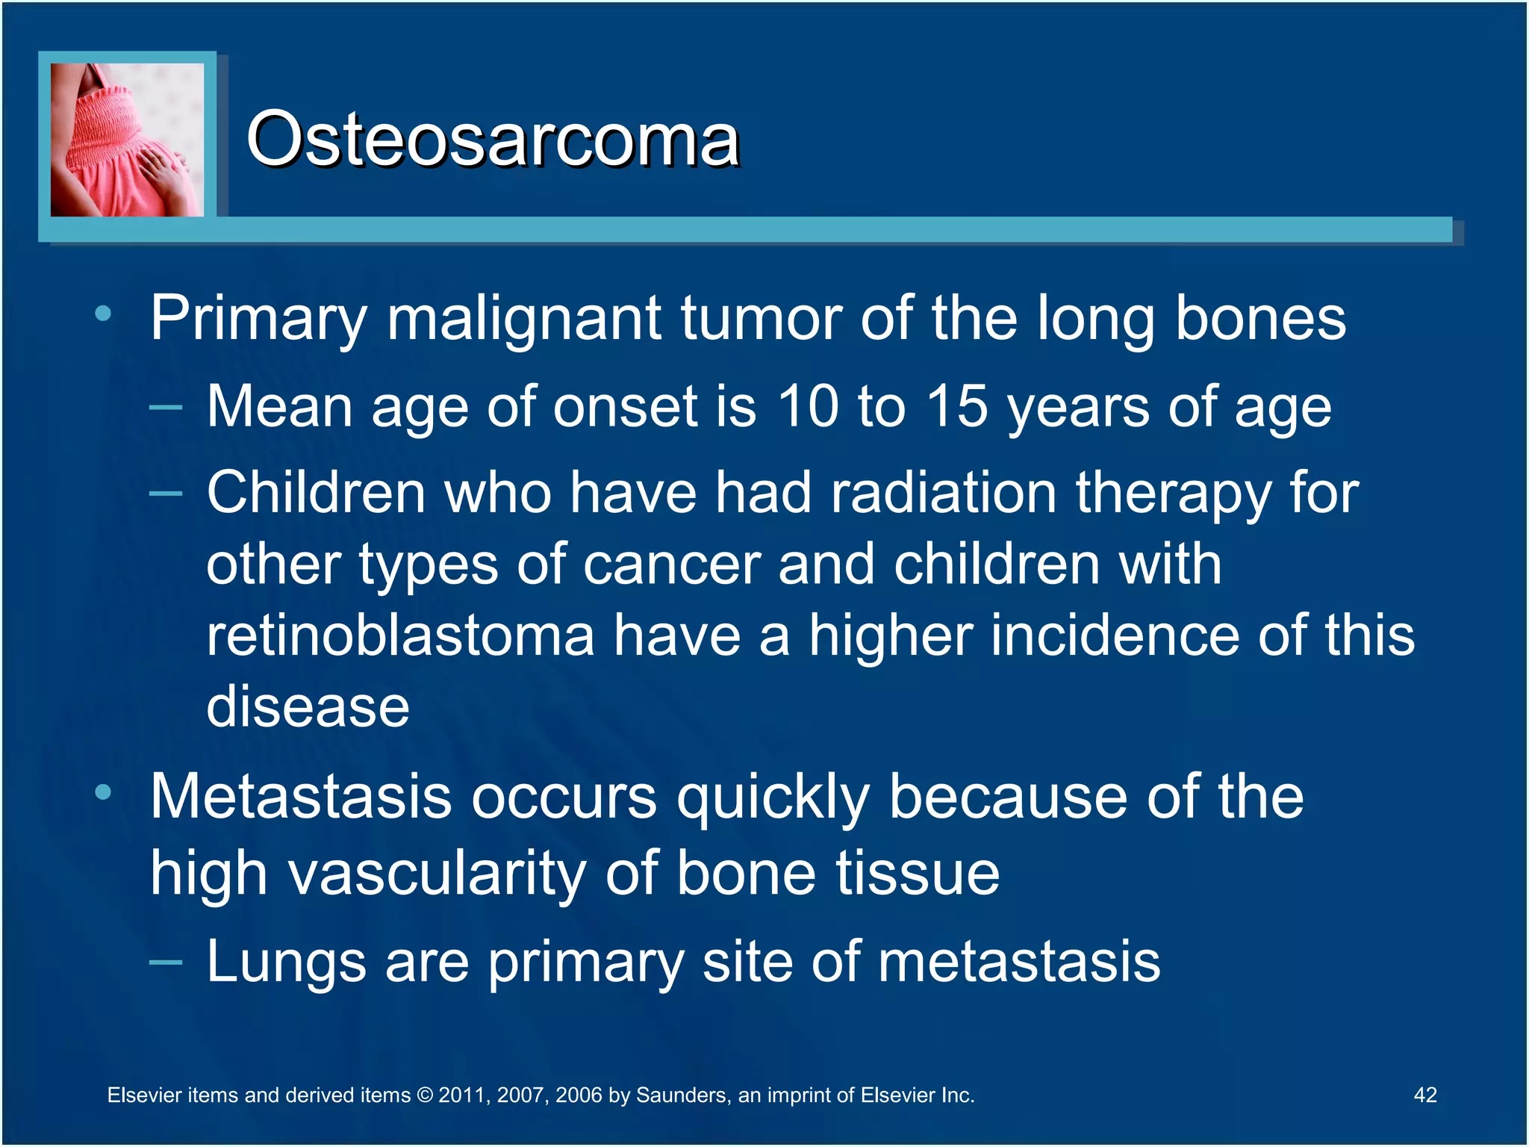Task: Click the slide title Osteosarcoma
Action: pos(493,140)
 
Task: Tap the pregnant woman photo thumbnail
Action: pos(127,140)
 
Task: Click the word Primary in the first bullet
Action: pos(258,319)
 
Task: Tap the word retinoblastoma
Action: pos(400,636)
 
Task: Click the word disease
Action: pos(308,706)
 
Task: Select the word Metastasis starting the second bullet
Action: pos(301,797)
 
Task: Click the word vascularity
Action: pos(437,874)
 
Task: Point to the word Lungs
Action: pos(286,962)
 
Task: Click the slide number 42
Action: pos(1425,1095)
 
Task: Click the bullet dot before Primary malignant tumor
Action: pos(104,314)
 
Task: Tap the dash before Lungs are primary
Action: pos(166,963)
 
